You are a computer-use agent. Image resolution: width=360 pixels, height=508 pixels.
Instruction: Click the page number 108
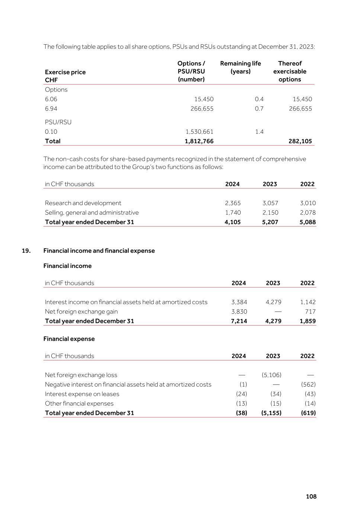311,496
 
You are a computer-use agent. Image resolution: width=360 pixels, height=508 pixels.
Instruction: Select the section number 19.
26,250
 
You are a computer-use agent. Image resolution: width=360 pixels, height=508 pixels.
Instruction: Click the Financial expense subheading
69,339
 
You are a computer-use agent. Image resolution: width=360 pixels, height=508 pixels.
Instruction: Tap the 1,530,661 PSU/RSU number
199,132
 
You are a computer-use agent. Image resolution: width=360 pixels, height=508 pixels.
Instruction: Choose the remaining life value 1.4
259,132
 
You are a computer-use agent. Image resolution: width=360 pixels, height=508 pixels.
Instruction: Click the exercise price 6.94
51,109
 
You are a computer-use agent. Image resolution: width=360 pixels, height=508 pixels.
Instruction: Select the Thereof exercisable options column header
290,71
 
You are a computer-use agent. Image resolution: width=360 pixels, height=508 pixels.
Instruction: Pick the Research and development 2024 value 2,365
233,203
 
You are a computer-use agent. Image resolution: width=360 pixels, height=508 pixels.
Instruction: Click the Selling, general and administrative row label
91,213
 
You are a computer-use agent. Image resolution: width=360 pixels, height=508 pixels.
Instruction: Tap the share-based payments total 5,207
270,222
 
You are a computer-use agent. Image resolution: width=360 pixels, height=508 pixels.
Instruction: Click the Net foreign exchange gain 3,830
239,311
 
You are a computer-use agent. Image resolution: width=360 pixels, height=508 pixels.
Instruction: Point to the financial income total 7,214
239,321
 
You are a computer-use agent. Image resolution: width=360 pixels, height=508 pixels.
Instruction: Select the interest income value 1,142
308,302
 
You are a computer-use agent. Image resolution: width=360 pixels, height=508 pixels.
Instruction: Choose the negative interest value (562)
308,384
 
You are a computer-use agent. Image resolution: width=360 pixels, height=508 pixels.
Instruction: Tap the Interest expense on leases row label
82,394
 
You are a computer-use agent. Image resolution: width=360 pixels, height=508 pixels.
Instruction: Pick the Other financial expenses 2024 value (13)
241,403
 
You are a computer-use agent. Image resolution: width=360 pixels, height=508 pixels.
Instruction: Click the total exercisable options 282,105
300,141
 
